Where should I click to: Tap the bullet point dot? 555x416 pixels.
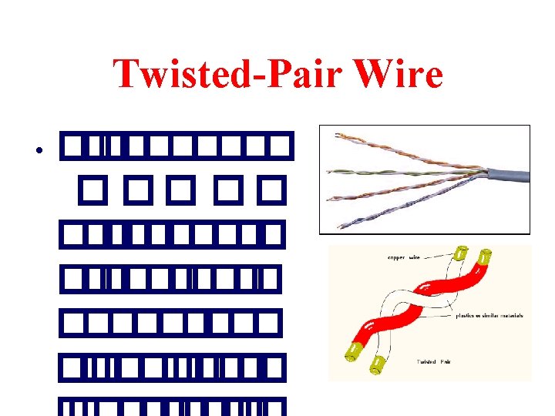click(x=38, y=149)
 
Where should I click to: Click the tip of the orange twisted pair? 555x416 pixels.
click(x=337, y=136)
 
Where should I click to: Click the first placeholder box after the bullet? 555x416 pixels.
click(x=72, y=144)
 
